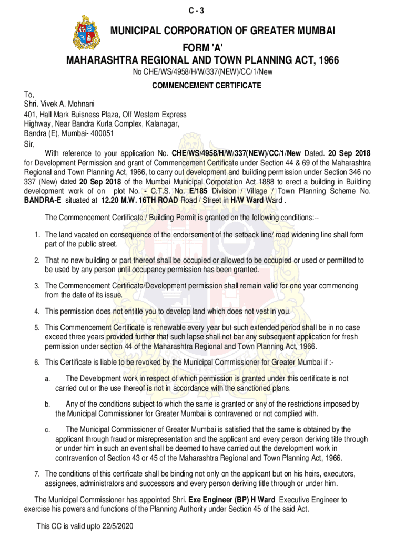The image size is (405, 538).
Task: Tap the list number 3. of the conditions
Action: click(37, 286)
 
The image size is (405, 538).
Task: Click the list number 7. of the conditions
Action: click(37, 473)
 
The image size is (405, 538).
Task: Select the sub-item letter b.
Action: click(47, 405)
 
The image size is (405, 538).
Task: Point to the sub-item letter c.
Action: click(47, 430)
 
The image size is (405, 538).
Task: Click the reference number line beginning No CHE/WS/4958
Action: click(202, 72)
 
